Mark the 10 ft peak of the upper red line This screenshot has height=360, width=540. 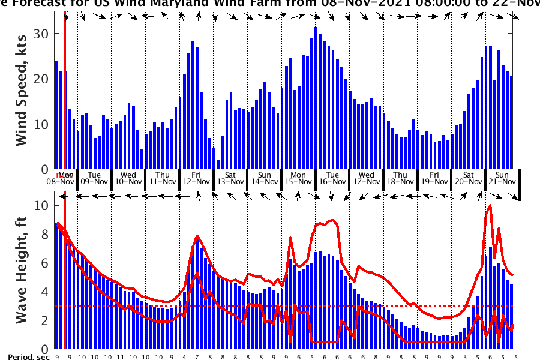pyautogui.click(x=490, y=205)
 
